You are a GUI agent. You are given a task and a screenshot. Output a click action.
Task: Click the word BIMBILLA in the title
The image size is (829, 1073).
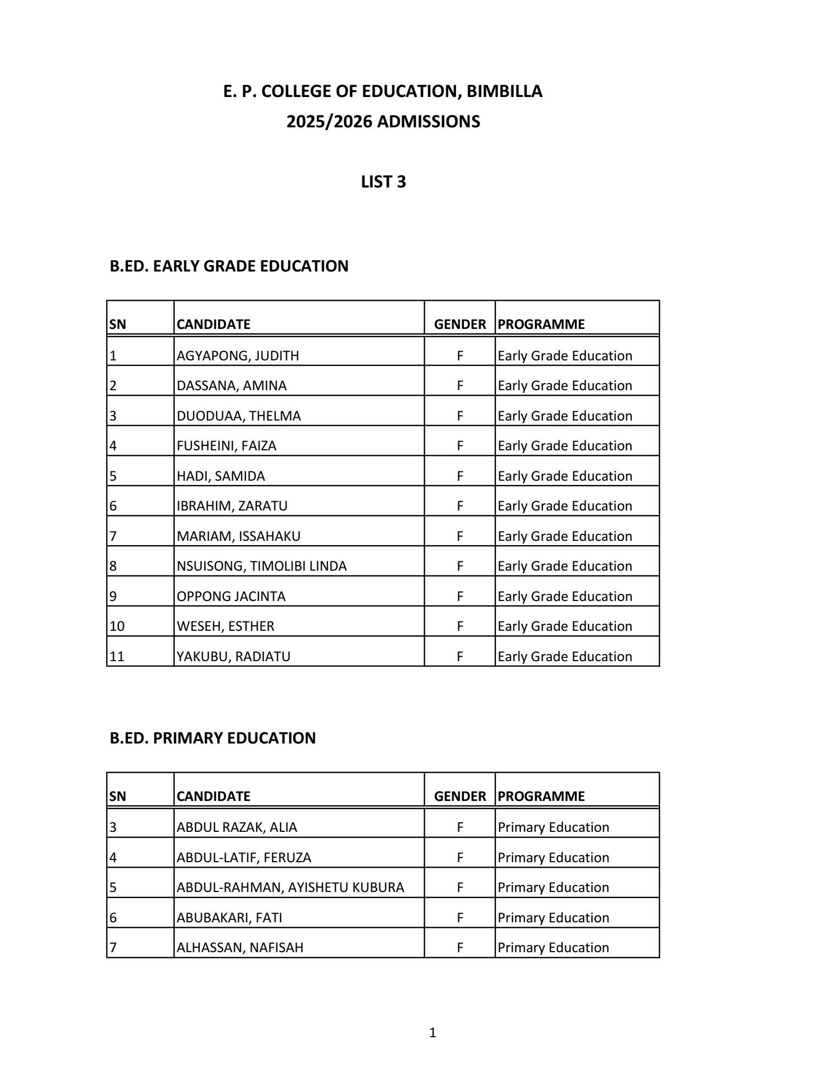point(504,92)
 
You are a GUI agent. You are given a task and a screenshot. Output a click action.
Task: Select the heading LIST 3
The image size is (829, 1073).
point(383,182)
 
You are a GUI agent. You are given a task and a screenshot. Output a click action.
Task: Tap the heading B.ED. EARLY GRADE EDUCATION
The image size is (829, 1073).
point(229,267)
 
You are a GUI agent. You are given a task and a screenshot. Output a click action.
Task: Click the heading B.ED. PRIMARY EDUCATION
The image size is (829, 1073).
point(212,738)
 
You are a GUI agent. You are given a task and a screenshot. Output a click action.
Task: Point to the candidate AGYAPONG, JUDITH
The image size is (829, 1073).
point(237,356)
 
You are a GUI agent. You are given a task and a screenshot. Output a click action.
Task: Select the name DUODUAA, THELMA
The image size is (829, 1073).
point(238,416)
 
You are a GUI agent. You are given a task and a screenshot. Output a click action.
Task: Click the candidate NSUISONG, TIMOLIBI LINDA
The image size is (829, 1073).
point(261,566)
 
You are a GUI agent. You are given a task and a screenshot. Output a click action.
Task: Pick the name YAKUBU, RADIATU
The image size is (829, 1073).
point(233,657)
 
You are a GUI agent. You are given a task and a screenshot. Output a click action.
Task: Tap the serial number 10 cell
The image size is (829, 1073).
point(117,626)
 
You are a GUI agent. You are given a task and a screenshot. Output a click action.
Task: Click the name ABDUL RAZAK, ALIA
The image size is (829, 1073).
point(237,828)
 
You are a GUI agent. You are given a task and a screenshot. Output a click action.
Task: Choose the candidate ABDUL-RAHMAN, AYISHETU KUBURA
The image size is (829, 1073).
point(290,888)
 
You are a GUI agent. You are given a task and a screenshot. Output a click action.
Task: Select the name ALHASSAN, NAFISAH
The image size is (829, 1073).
point(239,948)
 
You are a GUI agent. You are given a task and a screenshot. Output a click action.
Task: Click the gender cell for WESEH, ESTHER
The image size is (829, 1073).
point(459,626)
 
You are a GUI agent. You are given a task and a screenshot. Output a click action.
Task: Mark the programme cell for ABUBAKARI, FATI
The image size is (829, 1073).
point(553,918)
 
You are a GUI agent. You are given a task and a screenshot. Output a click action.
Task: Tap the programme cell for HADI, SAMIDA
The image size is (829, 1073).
point(565,476)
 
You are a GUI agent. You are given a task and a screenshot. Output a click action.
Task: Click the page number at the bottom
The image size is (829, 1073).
point(432,1033)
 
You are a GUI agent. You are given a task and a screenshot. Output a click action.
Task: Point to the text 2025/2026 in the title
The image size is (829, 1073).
point(329,122)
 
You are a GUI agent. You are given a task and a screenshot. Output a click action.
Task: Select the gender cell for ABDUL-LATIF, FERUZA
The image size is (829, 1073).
point(459,858)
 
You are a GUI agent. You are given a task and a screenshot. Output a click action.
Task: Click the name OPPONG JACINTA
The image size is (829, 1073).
point(231,597)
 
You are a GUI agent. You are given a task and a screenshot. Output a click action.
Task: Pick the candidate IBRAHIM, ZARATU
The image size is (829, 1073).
point(232,506)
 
